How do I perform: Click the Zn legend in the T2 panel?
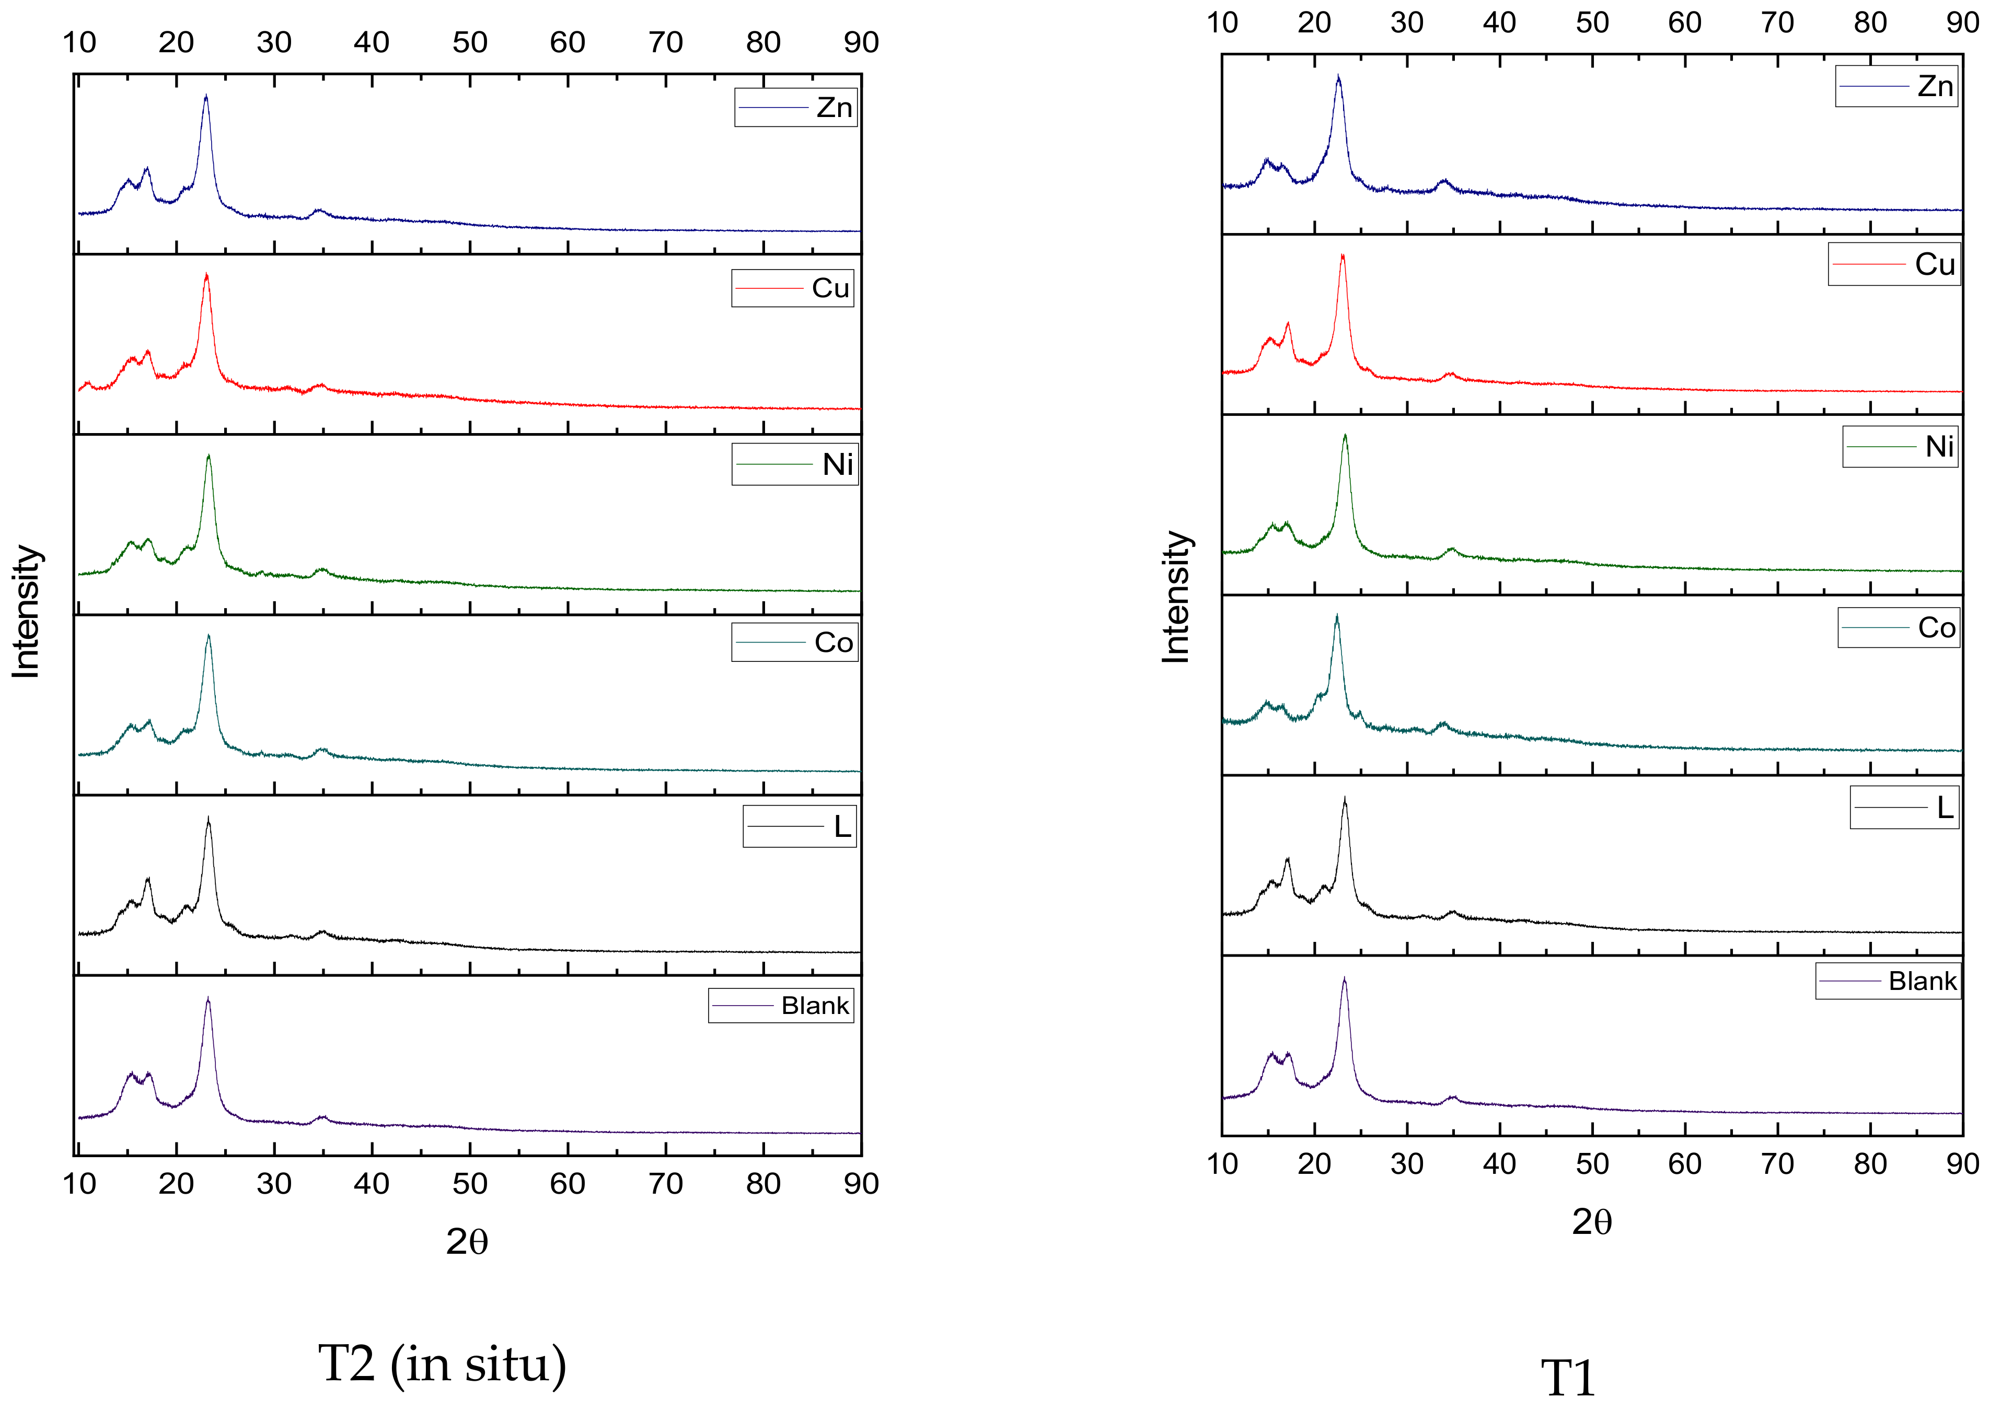795,107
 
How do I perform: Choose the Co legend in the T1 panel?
1898,627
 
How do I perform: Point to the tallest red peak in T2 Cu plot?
206,275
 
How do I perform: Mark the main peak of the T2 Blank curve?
207,1000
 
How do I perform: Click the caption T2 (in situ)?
442,1363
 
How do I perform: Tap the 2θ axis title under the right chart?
1592,1221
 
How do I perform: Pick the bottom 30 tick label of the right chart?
1407,1163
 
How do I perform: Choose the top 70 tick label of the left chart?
666,42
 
